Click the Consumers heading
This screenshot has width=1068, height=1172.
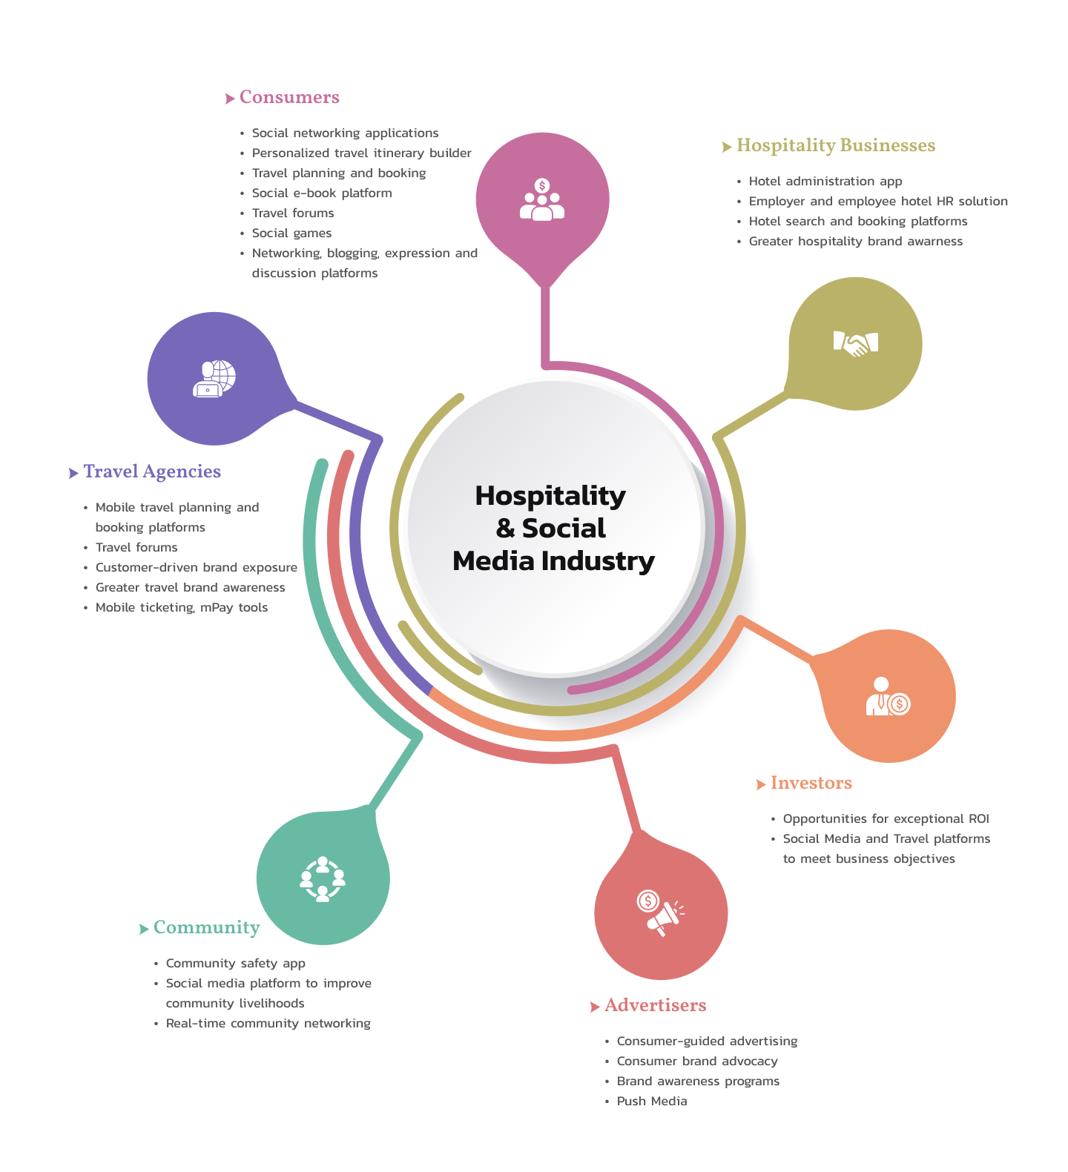289,98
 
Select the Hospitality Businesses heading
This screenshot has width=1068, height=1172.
835,146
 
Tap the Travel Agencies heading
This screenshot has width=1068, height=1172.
152,472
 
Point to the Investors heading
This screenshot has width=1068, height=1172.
811,784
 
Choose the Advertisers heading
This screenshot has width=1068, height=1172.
655,1006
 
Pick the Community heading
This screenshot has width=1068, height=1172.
206,928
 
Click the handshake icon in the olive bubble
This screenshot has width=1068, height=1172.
855,343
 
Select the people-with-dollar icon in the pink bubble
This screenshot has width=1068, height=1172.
542,199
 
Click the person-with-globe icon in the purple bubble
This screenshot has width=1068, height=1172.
214,378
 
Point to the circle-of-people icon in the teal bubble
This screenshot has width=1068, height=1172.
323,879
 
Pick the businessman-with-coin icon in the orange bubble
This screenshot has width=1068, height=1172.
888,697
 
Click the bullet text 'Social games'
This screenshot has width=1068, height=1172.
291,234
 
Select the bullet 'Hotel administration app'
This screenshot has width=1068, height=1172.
825,182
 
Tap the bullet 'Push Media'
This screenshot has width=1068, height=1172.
651,1102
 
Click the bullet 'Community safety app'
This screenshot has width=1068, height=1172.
235,964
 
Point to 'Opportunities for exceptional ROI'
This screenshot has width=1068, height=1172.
886,819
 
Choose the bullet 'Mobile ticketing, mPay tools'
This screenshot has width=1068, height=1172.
181,608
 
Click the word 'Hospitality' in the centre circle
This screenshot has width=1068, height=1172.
550,496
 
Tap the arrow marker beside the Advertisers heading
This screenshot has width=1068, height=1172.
595,1007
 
